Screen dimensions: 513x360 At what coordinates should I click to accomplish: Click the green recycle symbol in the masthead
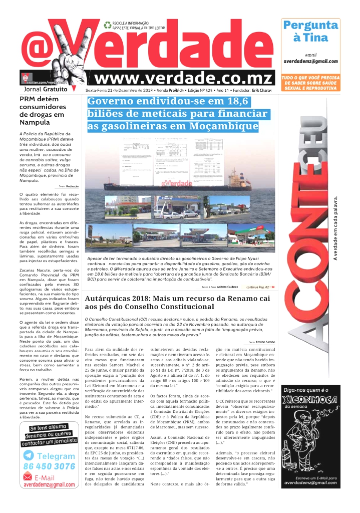coord(107,25)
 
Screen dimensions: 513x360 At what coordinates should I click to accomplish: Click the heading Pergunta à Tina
coord(310,31)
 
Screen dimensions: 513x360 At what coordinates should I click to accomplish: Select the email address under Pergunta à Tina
coord(310,61)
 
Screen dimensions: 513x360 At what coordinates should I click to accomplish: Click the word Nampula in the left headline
coord(35,123)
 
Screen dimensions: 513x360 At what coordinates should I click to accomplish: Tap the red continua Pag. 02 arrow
coord(273,287)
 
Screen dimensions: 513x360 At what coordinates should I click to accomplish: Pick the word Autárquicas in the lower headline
coord(113,298)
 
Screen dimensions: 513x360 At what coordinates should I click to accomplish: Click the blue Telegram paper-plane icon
coord(29,456)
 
